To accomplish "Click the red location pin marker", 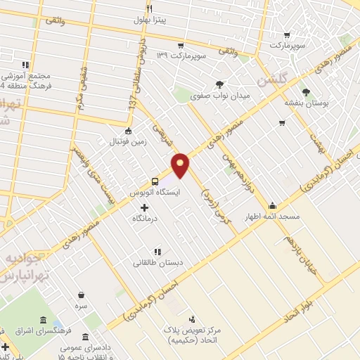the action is click(181, 164).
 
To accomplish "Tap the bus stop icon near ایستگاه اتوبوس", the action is click(155, 181).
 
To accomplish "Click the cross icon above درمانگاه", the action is click(145, 207).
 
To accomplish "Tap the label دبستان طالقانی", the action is click(158, 263).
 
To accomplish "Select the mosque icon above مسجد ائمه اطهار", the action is click(272, 206).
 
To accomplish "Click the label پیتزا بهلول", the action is click(151, 20).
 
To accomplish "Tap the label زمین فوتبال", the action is click(127, 141).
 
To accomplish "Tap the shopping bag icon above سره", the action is click(82, 295).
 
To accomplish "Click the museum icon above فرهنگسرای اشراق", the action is click(44, 321).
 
